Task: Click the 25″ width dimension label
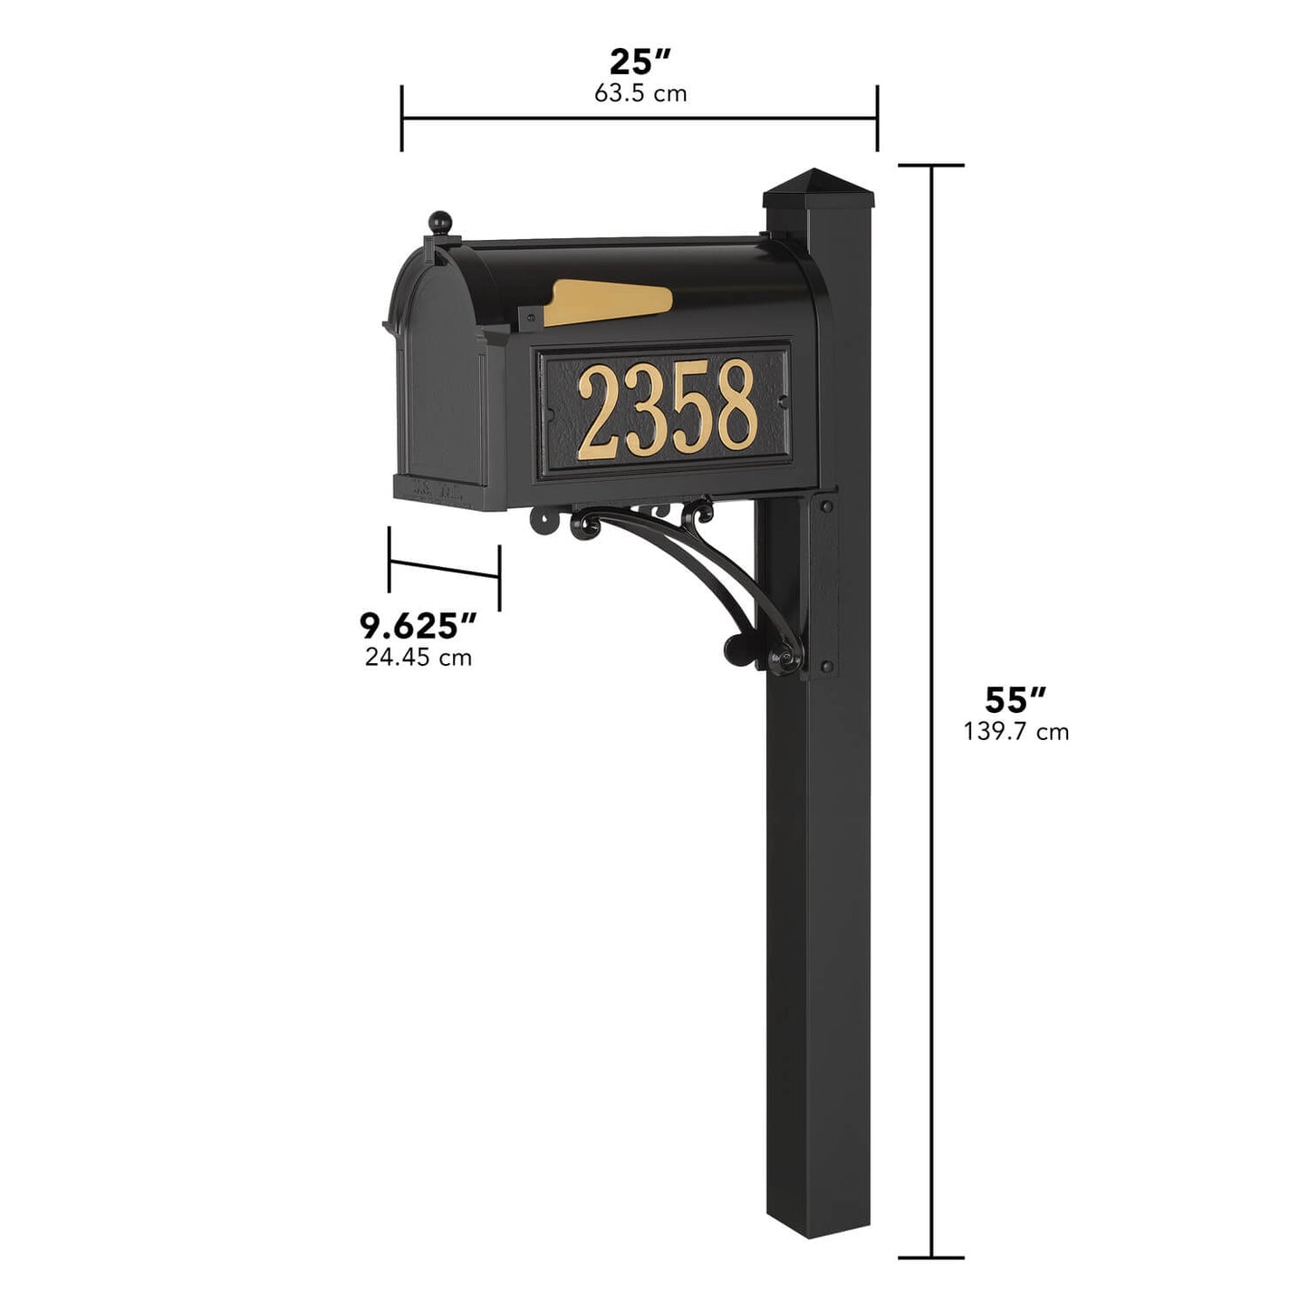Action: point(640,63)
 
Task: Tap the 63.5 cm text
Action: point(640,93)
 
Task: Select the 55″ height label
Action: point(1015,700)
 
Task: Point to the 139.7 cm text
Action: point(1015,731)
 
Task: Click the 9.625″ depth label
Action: point(418,625)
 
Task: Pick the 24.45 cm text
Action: point(418,657)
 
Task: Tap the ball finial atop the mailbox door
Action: point(439,221)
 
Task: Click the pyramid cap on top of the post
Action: point(820,185)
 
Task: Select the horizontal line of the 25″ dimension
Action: point(640,119)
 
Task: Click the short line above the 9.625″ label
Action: point(444,568)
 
